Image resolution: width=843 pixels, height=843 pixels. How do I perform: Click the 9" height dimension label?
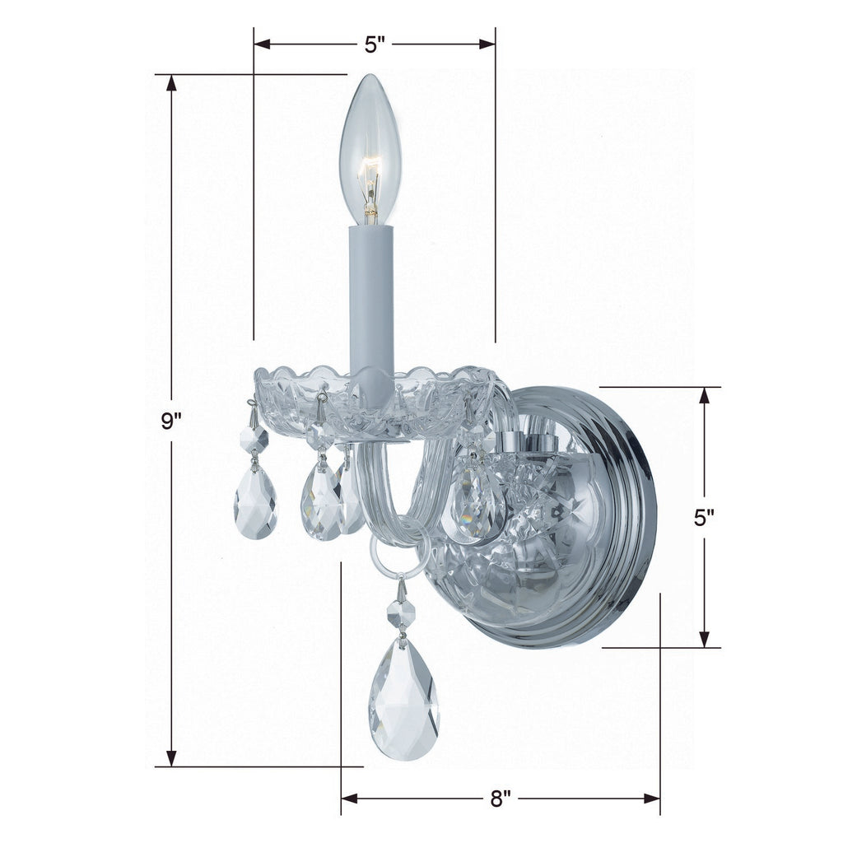click(171, 421)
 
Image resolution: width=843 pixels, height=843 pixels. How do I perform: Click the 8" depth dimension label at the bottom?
click(501, 799)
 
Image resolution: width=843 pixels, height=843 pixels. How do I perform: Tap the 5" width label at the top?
click(375, 44)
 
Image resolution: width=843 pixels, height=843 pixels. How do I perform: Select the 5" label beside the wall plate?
click(704, 518)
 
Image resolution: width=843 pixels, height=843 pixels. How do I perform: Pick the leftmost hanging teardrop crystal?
click(255, 501)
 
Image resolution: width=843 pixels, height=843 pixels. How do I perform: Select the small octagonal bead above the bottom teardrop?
click(402, 612)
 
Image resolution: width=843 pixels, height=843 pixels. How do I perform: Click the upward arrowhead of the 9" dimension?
click(171, 83)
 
